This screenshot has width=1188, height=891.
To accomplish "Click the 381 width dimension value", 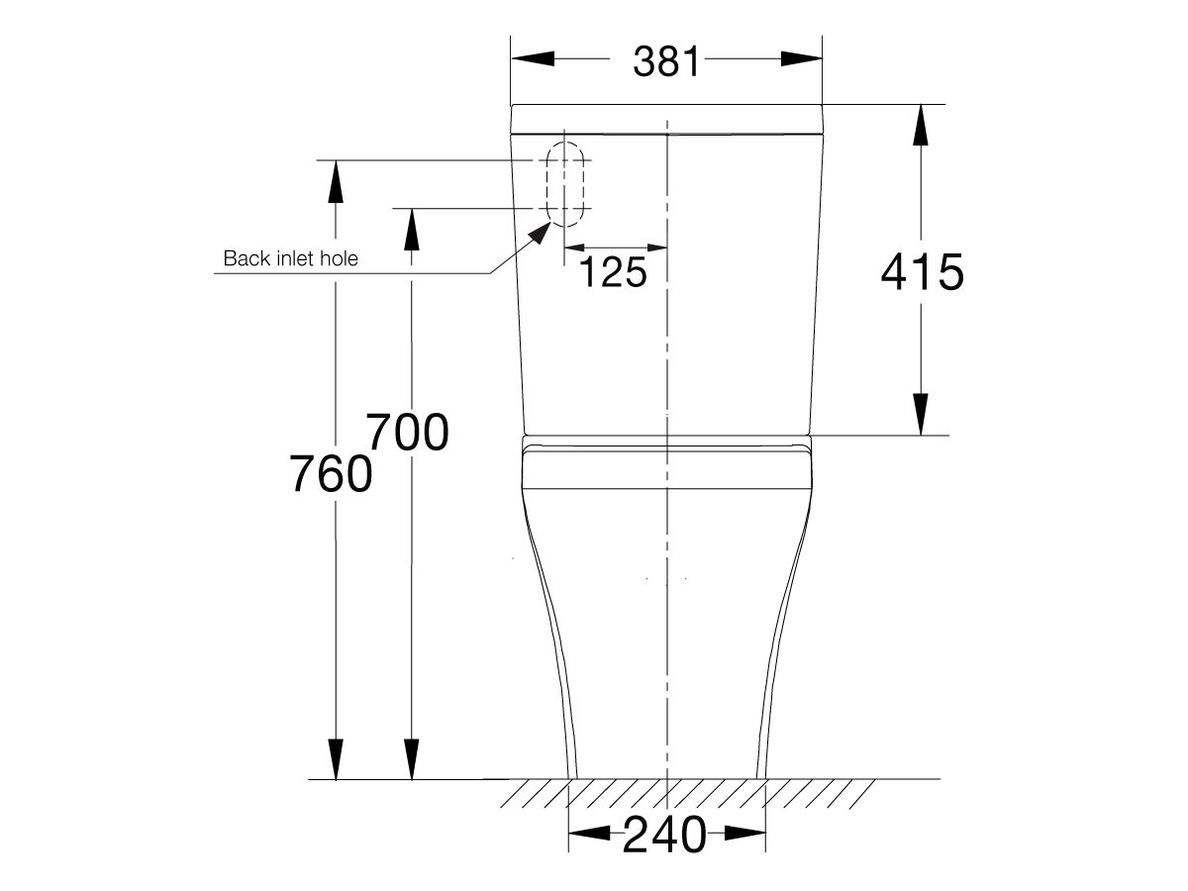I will coord(666,61).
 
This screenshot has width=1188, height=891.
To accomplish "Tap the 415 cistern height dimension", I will coord(922,272).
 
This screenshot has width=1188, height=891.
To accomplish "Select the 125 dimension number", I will coord(612,272).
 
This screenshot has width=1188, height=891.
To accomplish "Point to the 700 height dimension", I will coord(408,433).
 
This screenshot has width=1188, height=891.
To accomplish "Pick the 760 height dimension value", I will coord(332,474).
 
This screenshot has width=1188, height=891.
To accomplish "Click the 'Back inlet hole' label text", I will coord(290,259).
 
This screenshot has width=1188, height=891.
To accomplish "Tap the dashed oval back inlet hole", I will coord(567,184).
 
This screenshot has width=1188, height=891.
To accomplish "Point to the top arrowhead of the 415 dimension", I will coord(921,125).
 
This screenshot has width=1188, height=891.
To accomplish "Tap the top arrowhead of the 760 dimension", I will coord(336,181).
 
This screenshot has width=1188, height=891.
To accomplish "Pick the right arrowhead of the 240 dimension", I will coord(746,835).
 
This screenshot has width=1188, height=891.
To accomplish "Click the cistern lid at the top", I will coord(666,118).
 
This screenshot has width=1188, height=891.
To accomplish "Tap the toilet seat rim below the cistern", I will coord(666,466).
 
